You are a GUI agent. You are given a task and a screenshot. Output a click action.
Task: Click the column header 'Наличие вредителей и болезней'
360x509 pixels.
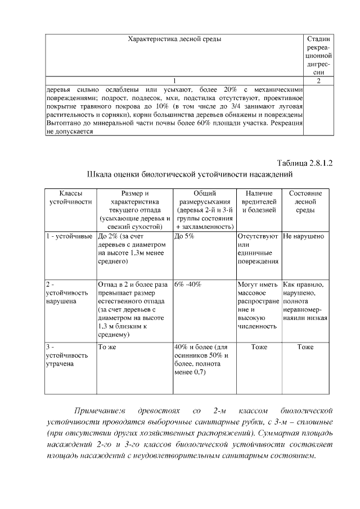click(x=259, y=201)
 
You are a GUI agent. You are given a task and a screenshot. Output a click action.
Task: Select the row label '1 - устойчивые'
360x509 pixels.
click(x=69, y=236)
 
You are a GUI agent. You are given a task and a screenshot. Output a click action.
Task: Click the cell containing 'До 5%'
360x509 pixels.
click(x=184, y=236)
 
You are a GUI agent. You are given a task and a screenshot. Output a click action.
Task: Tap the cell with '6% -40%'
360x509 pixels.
click(x=188, y=284)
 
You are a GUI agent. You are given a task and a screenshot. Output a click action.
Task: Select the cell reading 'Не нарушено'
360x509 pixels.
click(x=304, y=236)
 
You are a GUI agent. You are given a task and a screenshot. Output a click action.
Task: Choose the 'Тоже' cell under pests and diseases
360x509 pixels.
click(x=259, y=347)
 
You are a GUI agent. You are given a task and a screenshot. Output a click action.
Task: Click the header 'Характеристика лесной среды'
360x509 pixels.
click(x=174, y=39)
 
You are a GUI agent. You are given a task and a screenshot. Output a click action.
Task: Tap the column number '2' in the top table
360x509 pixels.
click(x=318, y=80)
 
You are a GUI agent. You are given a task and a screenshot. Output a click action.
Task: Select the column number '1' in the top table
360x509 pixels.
click(x=174, y=80)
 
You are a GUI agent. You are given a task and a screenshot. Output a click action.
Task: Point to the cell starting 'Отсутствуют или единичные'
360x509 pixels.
click(x=258, y=249)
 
